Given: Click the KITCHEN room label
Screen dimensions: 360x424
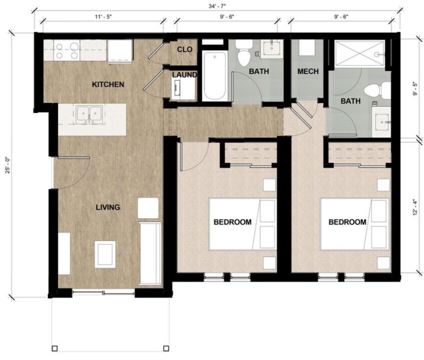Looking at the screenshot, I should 108,85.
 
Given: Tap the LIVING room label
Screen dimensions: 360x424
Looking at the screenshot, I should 108,207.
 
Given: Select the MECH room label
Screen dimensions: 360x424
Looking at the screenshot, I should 308,72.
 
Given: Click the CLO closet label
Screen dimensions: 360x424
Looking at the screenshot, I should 184,50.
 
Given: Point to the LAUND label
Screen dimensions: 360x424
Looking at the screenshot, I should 184,75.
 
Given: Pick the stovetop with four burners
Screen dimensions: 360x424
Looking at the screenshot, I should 68,52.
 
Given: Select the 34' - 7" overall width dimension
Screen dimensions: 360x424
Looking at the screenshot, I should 216,7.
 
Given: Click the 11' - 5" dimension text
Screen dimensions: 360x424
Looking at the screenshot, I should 103,18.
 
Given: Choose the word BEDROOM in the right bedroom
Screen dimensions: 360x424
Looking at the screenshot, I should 347,222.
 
